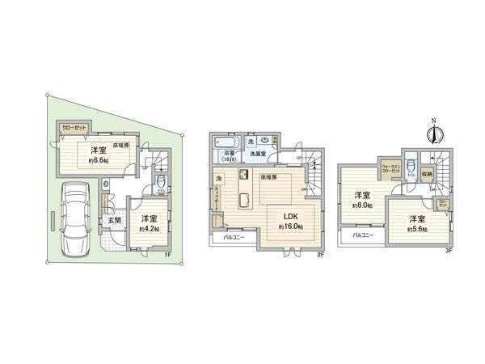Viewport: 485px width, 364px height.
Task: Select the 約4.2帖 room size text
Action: [150, 229]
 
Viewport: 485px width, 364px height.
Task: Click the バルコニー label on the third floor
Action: [362, 235]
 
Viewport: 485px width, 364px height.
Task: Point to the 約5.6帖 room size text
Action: [415, 229]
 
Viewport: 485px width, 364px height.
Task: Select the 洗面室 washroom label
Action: [259, 154]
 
